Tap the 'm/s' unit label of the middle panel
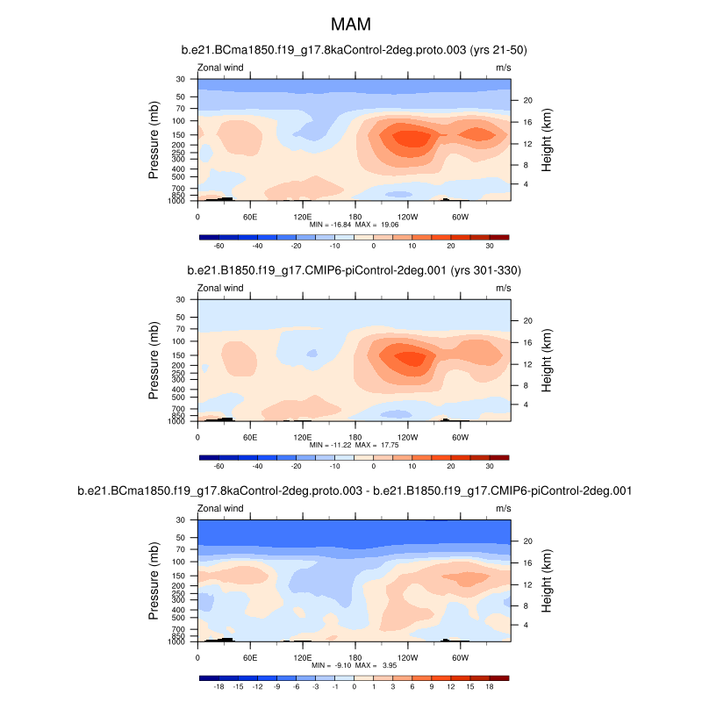[x=503, y=288]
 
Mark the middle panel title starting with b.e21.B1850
[x=354, y=270]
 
